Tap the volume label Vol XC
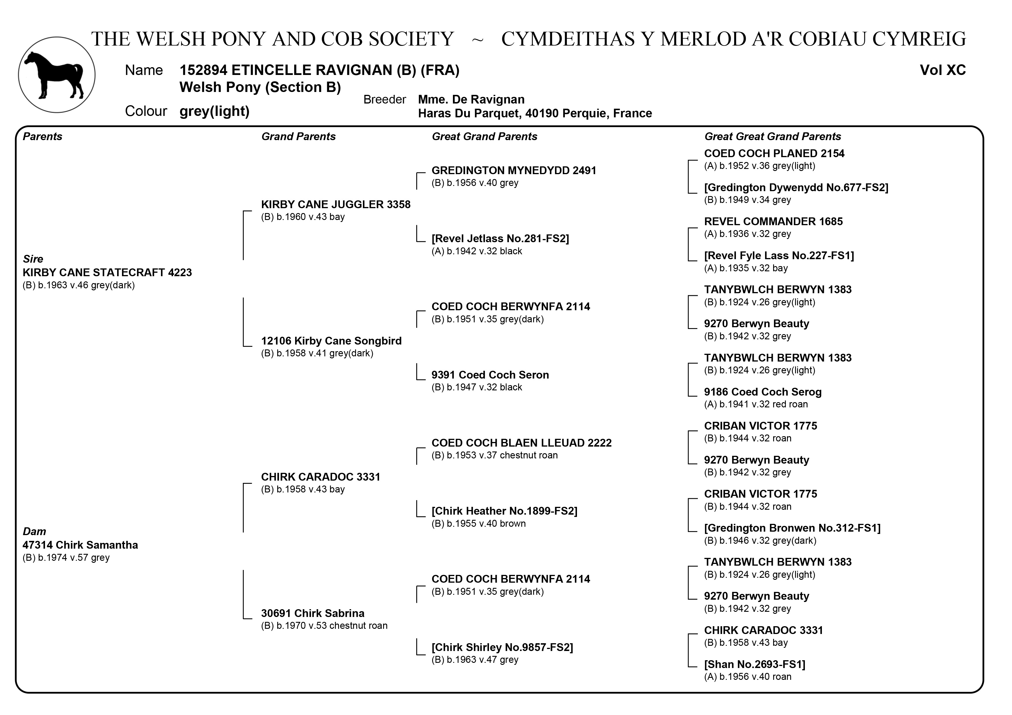click(942, 70)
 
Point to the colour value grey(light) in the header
click(214, 111)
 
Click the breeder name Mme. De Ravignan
click(471, 99)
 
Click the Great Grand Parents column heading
click(484, 137)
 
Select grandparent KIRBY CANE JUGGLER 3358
click(336, 204)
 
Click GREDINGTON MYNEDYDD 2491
click(514, 170)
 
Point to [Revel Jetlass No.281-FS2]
click(500, 239)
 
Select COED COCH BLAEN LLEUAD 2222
click(521, 443)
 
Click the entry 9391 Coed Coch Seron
click(490, 375)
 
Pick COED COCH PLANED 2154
click(773, 154)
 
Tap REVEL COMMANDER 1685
click(773, 222)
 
